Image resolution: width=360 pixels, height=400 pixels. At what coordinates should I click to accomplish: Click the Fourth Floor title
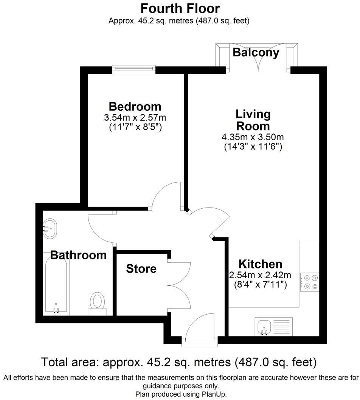(180, 8)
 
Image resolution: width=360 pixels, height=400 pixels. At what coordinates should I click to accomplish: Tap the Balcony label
(256, 52)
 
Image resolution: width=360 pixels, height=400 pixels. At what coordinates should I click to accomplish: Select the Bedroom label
(135, 106)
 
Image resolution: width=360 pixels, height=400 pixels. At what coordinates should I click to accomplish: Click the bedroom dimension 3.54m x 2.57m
(135, 118)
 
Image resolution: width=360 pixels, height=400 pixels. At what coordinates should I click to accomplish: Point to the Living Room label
(253, 119)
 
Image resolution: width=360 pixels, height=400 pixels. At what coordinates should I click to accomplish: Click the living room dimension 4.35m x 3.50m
(253, 137)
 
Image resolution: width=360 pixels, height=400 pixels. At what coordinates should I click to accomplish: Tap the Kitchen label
(260, 264)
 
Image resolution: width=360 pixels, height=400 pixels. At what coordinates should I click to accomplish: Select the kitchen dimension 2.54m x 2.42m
(260, 275)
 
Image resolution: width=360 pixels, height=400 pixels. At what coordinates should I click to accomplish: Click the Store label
(141, 269)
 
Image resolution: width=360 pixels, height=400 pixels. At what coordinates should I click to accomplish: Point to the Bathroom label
(79, 255)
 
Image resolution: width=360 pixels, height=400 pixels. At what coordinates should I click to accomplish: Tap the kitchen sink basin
(263, 326)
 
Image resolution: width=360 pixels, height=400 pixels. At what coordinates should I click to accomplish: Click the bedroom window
(134, 69)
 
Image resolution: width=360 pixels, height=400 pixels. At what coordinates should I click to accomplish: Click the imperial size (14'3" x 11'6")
(253, 147)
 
